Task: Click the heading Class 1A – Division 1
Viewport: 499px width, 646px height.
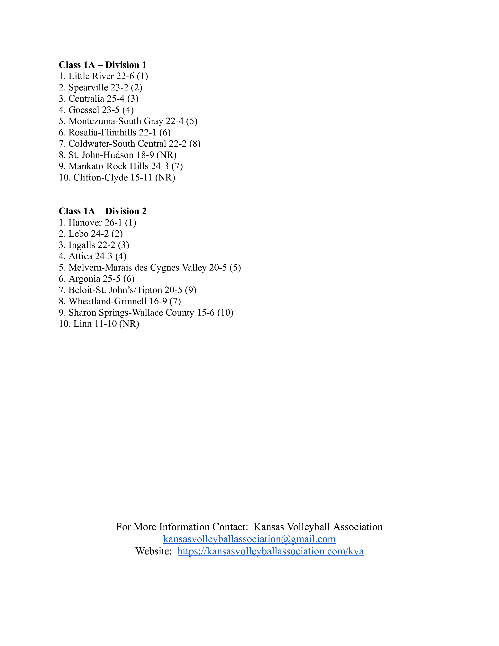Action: point(102,65)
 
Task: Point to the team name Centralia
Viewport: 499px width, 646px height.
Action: point(86,99)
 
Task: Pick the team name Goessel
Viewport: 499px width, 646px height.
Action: point(84,110)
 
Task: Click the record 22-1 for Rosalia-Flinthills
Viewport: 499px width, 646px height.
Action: point(148,133)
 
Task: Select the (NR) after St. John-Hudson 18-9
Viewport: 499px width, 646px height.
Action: point(167,155)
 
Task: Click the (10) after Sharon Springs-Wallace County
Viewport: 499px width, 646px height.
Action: point(225,313)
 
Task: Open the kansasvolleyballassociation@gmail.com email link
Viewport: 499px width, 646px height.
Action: point(249,539)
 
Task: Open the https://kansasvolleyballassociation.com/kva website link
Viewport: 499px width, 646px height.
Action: point(270,551)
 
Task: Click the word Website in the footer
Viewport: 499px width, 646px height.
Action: point(153,551)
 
